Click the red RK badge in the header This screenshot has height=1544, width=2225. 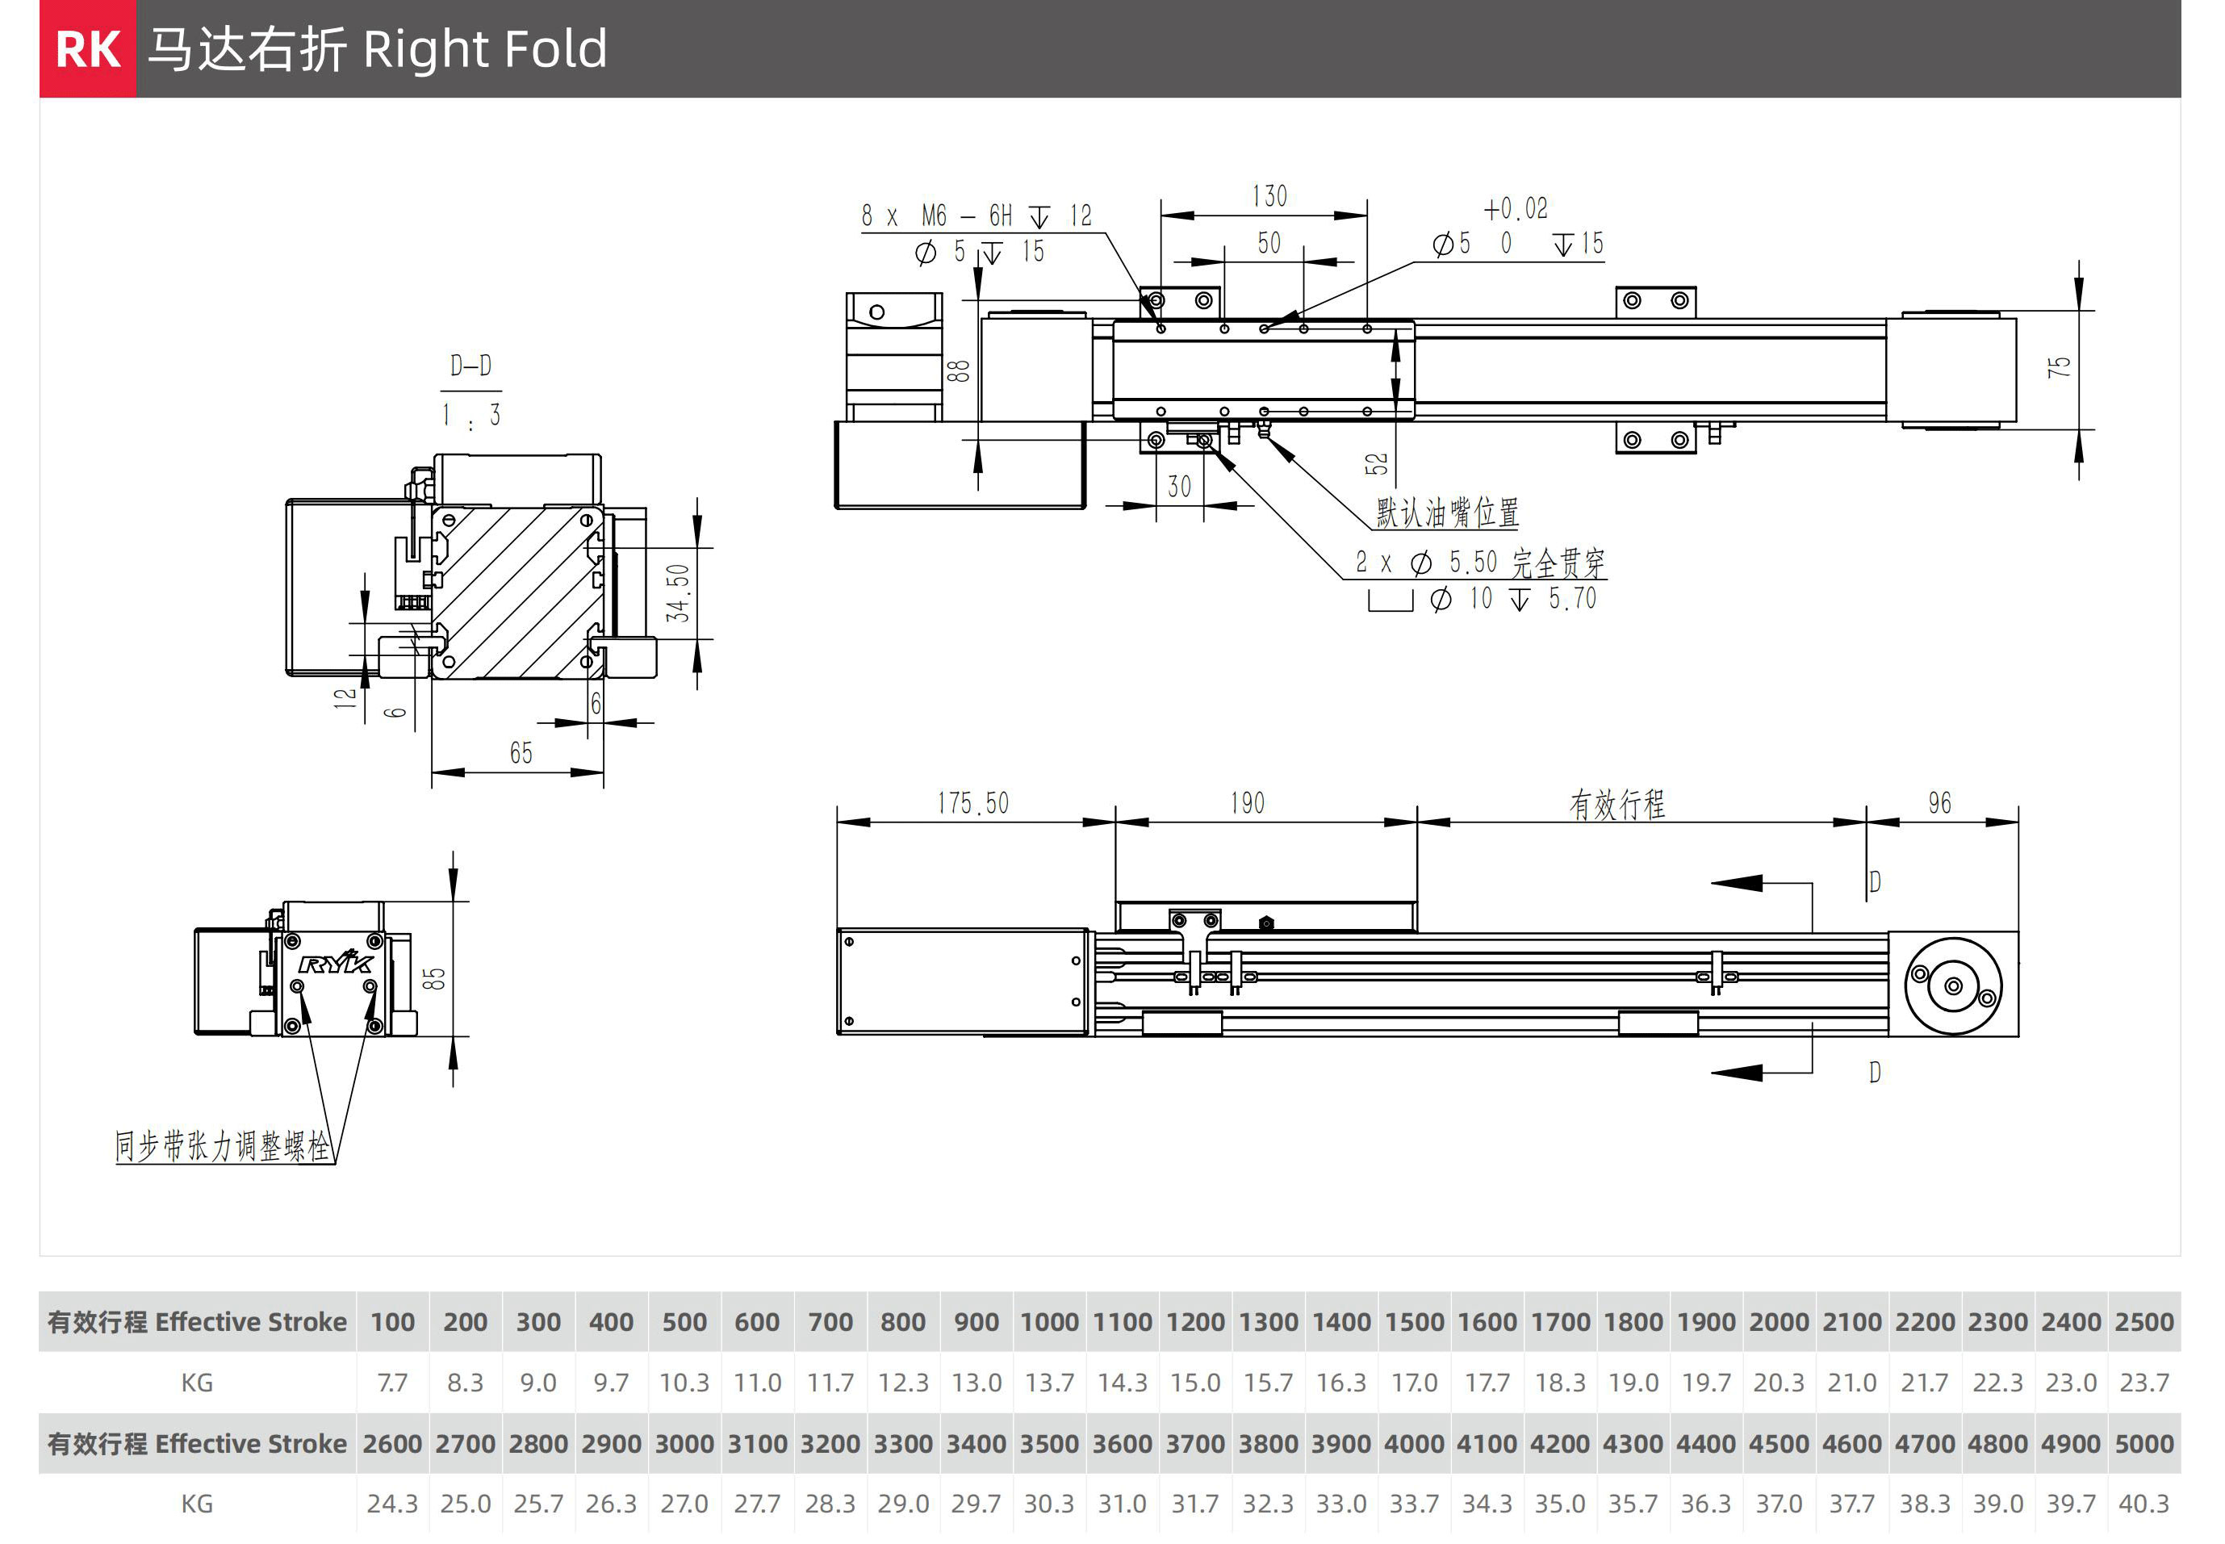point(88,49)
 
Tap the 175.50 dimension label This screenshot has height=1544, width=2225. point(972,803)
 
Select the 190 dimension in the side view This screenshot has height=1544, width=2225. point(1247,803)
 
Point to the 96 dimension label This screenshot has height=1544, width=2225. point(1939,803)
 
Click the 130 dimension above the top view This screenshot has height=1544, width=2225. point(1269,196)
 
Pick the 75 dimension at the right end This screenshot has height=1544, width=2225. point(2059,366)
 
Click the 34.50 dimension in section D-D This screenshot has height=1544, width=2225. point(678,592)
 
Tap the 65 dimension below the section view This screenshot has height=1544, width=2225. point(521,753)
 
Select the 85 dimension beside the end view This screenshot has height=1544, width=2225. point(434,978)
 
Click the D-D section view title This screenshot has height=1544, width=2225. point(471,366)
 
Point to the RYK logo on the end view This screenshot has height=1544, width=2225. point(336,963)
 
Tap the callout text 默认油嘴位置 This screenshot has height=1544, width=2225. point(1447,512)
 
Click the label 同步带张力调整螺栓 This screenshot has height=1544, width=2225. point(223,1146)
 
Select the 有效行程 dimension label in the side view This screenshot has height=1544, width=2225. point(1616,804)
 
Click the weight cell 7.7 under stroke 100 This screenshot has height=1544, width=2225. point(391,1383)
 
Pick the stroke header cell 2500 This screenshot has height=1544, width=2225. point(2143,1321)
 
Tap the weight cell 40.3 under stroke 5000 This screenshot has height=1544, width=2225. point(2143,1504)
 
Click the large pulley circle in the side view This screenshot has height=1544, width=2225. point(1953,985)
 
